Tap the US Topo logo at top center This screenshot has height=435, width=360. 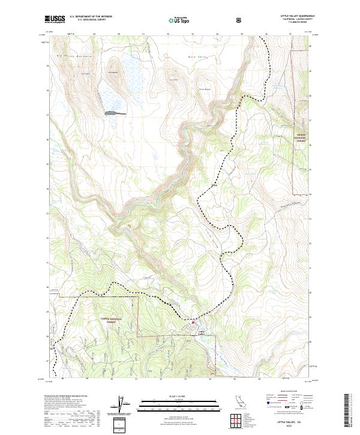click(179, 20)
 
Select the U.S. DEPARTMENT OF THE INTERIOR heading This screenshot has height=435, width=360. click(91, 17)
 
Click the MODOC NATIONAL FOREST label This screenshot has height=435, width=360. click(301, 137)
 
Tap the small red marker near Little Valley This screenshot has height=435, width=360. click(193, 322)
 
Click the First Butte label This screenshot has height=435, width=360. click(204, 91)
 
